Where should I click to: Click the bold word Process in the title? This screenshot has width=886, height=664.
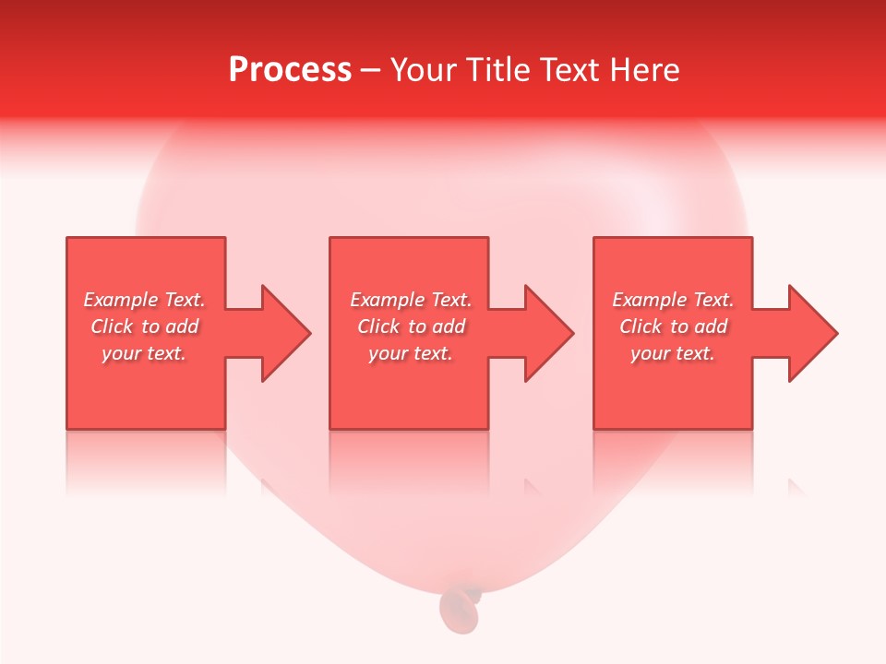pyautogui.click(x=290, y=70)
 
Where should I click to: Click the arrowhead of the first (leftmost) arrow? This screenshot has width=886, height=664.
pyautogui.click(x=285, y=333)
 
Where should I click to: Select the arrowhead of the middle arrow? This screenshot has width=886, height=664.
pyautogui.click(x=548, y=333)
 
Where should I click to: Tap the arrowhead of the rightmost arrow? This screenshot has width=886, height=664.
pyautogui.click(x=812, y=333)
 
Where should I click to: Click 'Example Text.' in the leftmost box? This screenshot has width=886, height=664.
pyautogui.click(x=144, y=300)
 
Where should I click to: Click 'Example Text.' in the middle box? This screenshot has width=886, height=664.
pyautogui.click(x=411, y=300)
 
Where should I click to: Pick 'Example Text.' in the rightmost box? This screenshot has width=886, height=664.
pyautogui.click(x=673, y=300)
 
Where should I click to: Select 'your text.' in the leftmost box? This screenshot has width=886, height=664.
pyautogui.click(x=144, y=353)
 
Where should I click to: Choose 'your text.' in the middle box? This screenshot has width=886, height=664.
pyautogui.click(x=411, y=353)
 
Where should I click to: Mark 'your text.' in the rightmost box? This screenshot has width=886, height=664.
pyautogui.click(x=673, y=353)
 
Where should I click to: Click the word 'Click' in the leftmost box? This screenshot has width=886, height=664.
pyautogui.click(x=112, y=326)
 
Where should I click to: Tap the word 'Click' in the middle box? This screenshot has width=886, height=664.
pyautogui.click(x=378, y=326)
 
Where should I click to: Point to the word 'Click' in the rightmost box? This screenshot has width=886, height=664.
pyautogui.click(x=641, y=326)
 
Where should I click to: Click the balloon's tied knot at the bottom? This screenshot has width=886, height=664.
pyautogui.click(x=460, y=607)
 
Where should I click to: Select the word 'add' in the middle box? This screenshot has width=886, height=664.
pyautogui.click(x=449, y=326)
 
